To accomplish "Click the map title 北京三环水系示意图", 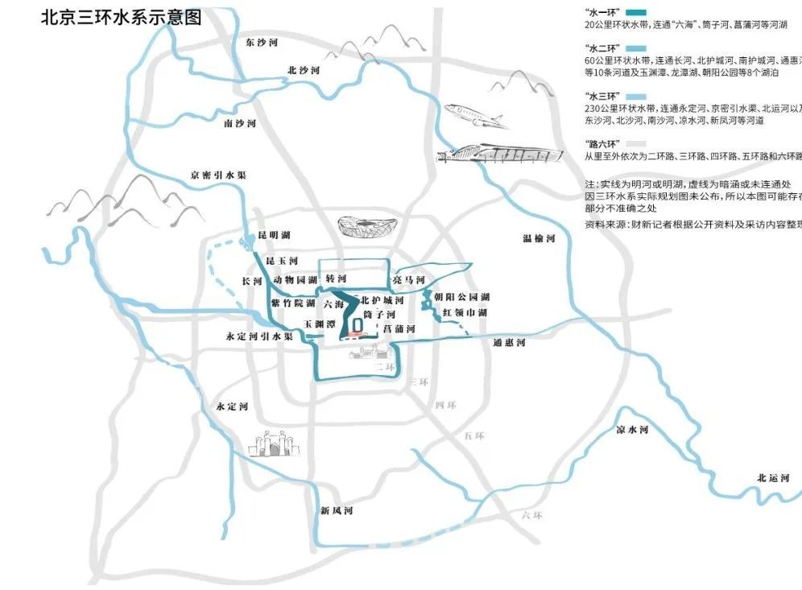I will (122, 18).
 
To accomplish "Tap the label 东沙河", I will (262, 42).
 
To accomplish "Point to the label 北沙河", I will (304, 71).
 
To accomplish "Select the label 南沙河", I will (240, 124).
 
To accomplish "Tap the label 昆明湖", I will (274, 235).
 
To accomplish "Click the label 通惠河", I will (509, 343).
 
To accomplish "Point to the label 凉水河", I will (632, 431).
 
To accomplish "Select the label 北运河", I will (773, 478).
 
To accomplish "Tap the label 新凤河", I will (336, 510).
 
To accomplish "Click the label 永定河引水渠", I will (259, 336).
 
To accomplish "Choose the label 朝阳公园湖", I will (461, 297).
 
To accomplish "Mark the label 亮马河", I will (408, 279).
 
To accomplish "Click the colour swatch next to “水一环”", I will (636, 14).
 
